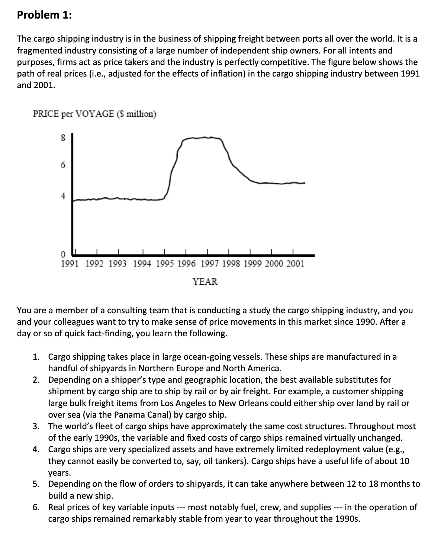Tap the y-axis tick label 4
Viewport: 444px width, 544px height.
63,195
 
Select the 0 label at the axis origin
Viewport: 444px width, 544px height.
63,255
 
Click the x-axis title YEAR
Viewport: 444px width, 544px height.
205,282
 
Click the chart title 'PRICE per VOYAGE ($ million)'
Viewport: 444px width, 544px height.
95,114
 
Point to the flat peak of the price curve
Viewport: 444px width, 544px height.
203,138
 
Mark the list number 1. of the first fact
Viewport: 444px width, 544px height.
36,357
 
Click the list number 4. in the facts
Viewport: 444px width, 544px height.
36,450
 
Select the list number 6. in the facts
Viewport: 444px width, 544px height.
36,507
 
